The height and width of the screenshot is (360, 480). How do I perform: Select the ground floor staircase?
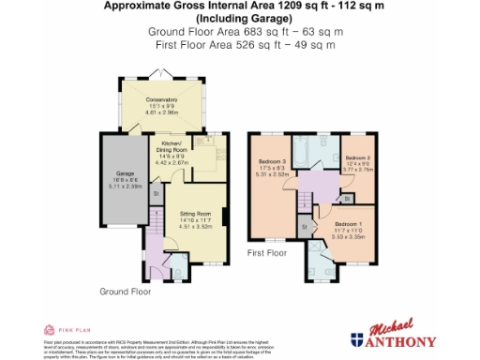[x=154, y=225]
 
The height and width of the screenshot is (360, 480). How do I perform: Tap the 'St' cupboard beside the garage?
[x=156, y=194]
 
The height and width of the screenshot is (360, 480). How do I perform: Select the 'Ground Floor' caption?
[x=125, y=292]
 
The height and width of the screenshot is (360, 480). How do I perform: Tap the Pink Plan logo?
[x=63, y=330]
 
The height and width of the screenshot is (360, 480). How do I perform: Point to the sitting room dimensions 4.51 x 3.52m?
[x=196, y=226]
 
